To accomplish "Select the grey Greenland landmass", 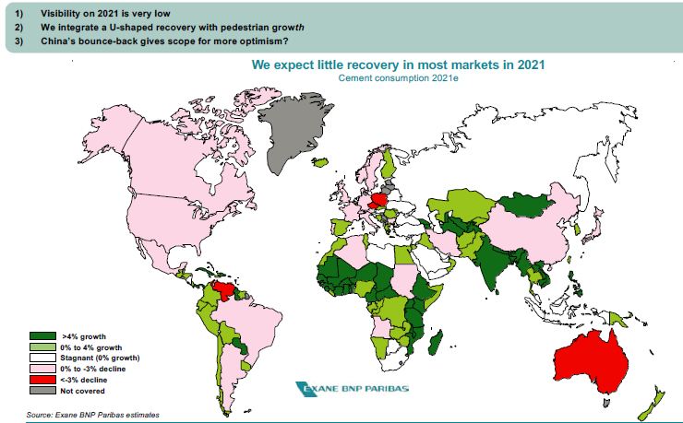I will pyautogui.click(x=294, y=134).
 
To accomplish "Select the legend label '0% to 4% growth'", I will pyautogui.click(x=92, y=347).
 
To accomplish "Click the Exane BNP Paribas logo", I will pyautogui.click(x=350, y=388).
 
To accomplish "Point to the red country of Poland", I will pyautogui.click(x=378, y=202).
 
